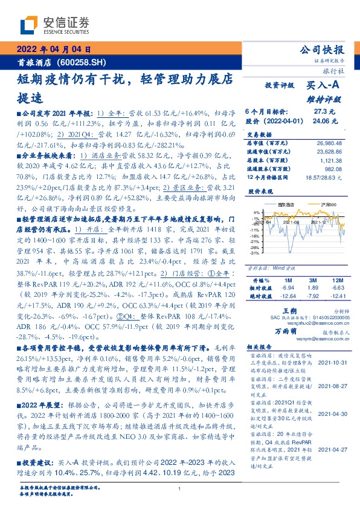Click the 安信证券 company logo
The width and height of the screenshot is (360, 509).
55,25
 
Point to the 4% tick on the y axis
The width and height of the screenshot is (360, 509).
256,212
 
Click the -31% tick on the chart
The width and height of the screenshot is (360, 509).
255,253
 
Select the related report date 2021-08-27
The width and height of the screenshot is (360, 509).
332,385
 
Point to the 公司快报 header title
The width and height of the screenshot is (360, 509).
322,50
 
